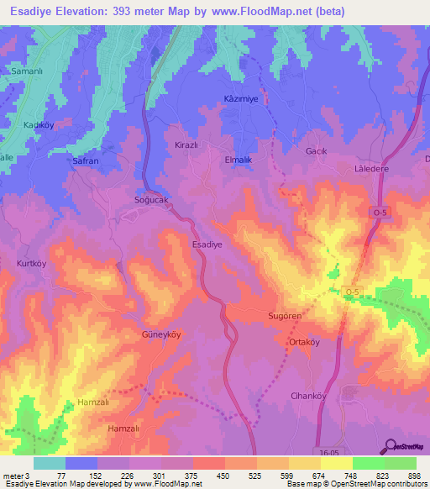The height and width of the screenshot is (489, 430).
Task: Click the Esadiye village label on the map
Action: coord(207,244)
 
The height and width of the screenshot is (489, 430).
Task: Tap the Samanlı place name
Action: coord(26,71)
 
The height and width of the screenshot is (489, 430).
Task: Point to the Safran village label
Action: coord(87,160)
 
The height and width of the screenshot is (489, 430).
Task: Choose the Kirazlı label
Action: coord(185,145)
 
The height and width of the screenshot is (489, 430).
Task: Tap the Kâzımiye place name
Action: coord(241,99)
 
